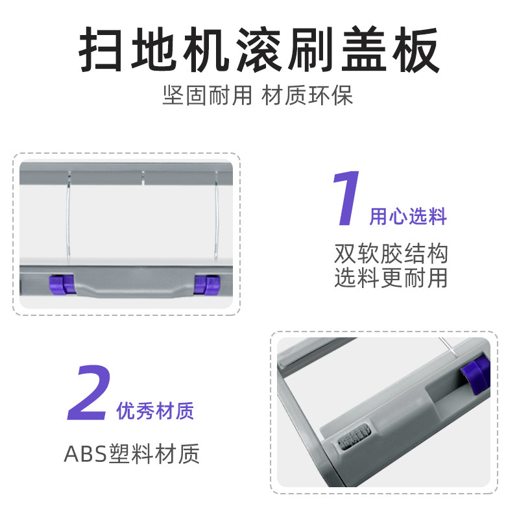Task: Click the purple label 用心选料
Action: click(x=408, y=217)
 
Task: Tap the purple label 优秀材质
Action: click(x=155, y=411)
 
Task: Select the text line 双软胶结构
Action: click(x=391, y=253)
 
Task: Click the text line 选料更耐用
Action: click(x=391, y=277)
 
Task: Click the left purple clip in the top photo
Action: click(x=60, y=284)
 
